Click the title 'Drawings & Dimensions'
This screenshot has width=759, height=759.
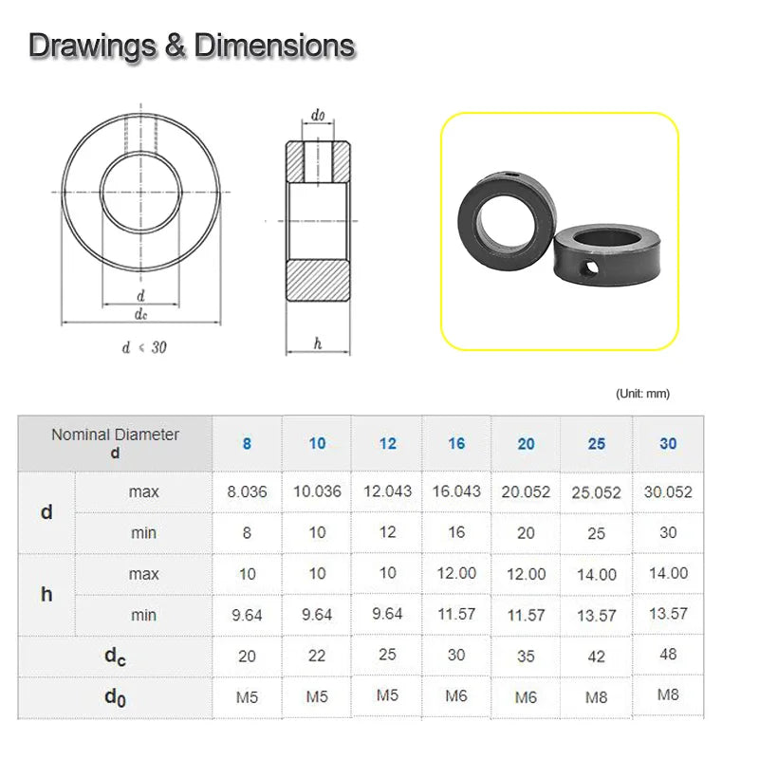tap(192, 45)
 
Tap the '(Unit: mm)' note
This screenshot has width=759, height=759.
tap(641, 394)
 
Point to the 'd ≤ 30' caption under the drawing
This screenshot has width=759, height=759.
tap(144, 347)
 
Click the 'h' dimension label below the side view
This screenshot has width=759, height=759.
tap(318, 343)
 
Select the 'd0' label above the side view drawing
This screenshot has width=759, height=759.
tap(318, 116)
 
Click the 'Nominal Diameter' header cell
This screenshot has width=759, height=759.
tap(115, 443)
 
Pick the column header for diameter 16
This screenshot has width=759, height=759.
tap(456, 444)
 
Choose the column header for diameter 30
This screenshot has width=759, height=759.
tap(668, 444)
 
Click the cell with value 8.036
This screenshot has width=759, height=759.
tap(247, 492)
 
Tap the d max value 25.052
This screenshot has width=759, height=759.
tap(596, 492)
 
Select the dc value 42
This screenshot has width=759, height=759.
tap(596, 657)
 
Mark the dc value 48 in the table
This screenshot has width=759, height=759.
tap(668, 655)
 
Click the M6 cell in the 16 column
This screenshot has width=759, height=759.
tap(456, 696)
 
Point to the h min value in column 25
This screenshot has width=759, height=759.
tap(596, 616)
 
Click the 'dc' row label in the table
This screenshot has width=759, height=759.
tap(115, 656)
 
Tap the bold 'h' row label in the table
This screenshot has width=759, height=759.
tap(46, 595)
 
